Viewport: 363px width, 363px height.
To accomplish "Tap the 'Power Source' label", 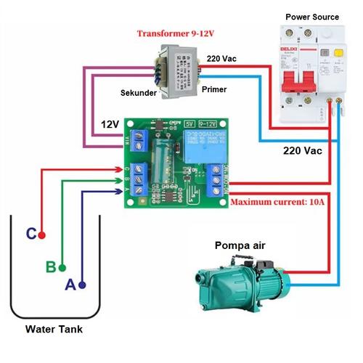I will (x=311, y=17).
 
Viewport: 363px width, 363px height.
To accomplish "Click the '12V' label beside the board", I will (x=110, y=124).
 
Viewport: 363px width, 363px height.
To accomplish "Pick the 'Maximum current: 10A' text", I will (x=289, y=201).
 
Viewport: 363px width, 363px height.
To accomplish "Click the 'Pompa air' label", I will (x=239, y=245).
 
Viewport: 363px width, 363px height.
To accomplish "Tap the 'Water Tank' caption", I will (x=54, y=329).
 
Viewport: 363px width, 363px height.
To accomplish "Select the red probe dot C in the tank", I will (x=42, y=235).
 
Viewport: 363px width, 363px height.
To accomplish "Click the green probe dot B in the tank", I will (x=63, y=266).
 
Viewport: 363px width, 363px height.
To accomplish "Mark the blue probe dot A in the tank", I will (x=83, y=285).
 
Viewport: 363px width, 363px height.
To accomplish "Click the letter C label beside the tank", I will (x=30, y=234).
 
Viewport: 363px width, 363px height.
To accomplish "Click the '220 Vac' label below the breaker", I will (x=303, y=151).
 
